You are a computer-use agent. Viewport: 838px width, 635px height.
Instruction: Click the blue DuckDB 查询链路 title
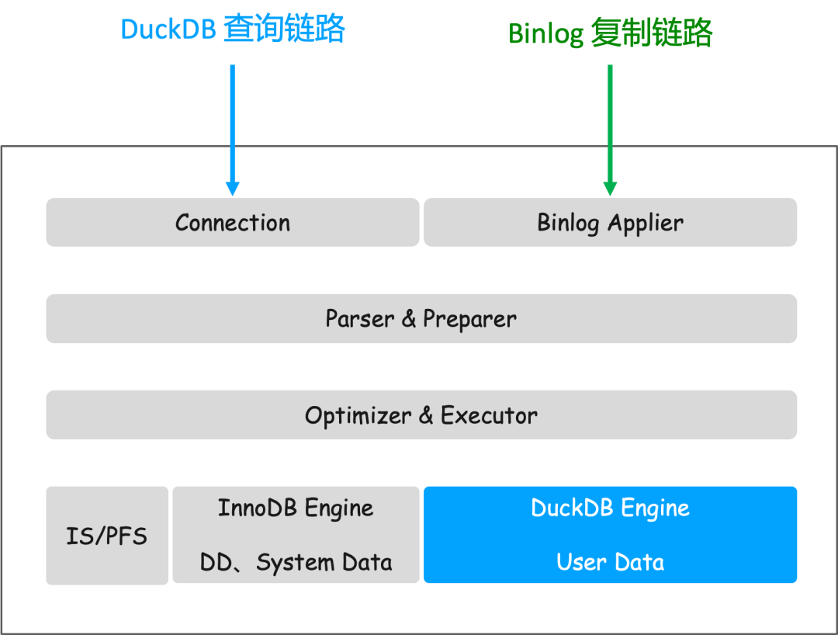point(232,29)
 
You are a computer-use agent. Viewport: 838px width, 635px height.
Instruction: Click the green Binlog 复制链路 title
point(610,33)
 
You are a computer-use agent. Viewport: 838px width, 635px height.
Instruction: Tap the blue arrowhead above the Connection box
point(232,189)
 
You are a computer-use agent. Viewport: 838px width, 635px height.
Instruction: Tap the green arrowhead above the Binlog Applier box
point(610,189)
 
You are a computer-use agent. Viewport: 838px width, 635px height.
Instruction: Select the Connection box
point(232,223)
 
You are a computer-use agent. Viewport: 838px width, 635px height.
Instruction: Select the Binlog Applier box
point(610,223)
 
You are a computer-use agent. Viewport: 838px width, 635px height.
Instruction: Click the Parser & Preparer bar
point(421,318)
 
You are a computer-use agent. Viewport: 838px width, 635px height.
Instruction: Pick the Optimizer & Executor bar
point(421,415)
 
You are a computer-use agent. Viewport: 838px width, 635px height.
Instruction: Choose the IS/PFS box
point(106,536)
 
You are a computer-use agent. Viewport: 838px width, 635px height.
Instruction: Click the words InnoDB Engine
point(295,508)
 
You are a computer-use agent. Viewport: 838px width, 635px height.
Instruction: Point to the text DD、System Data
point(295,562)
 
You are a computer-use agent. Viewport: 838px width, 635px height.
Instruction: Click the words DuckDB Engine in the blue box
point(610,508)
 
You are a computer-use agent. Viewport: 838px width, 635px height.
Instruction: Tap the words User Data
point(610,562)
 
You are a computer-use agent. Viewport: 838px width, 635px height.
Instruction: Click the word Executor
point(489,415)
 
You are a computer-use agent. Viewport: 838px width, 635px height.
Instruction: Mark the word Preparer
point(469,319)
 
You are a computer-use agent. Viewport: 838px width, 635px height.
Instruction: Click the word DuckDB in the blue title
point(168,29)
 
